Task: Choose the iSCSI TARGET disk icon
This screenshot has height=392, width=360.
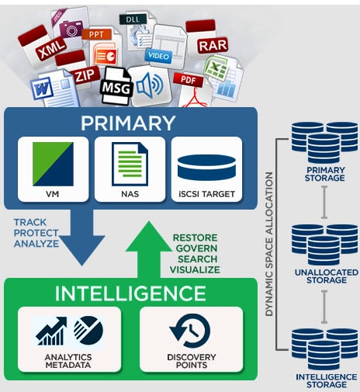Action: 206,166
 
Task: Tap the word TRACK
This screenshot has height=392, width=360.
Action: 31,222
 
